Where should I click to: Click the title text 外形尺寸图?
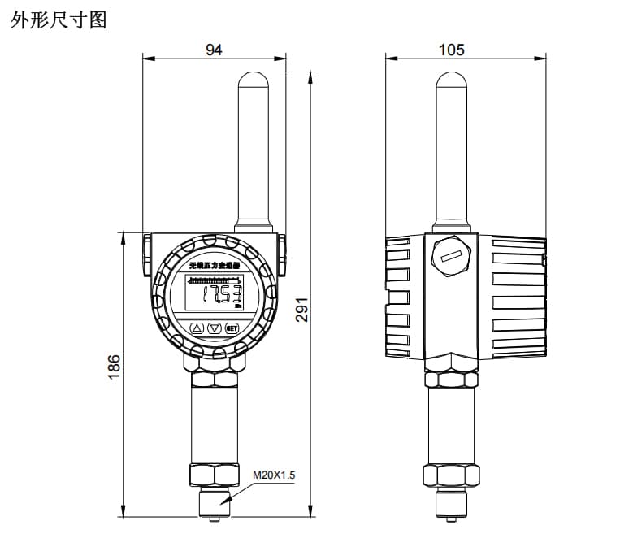click(x=59, y=20)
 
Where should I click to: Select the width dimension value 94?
click(x=214, y=50)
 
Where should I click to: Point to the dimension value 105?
click(x=451, y=50)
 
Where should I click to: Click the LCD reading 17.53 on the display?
click(x=221, y=294)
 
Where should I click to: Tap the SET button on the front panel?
click(x=231, y=328)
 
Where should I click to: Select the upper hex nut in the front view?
click(x=214, y=378)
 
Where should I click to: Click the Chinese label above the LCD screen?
click(x=215, y=266)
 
